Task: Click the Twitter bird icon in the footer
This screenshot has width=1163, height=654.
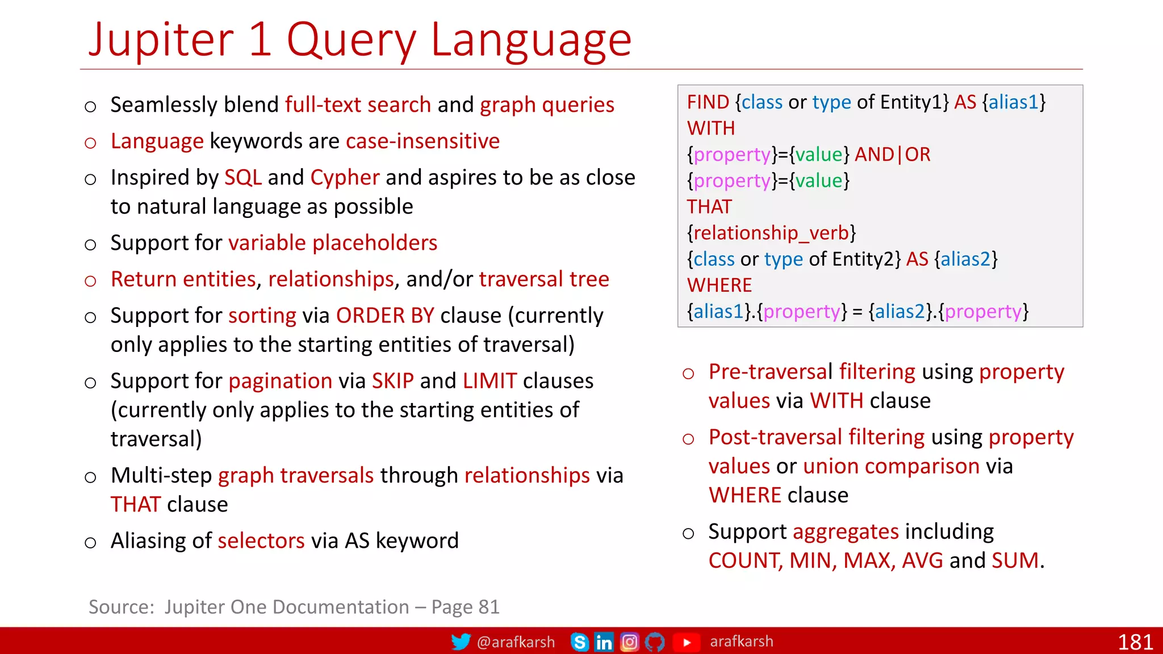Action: (x=461, y=642)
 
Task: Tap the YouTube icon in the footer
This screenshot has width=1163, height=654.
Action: (x=687, y=642)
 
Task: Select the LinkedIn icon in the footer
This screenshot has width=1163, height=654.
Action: (x=604, y=642)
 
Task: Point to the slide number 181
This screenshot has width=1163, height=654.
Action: (x=1135, y=642)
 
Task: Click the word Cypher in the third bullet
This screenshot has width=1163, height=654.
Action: (x=345, y=178)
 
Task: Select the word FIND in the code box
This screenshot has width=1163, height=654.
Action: (x=708, y=102)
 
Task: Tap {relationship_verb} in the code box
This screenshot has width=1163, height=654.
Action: (x=771, y=233)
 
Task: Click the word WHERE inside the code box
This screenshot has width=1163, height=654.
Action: (x=719, y=285)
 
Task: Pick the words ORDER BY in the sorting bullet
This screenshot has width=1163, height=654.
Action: (x=385, y=316)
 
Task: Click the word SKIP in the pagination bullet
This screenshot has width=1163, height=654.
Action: (x=392, y=381)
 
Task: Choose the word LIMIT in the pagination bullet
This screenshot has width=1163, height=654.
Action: (x=490, y=381)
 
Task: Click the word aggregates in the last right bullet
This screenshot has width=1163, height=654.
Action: (x=846, y=532)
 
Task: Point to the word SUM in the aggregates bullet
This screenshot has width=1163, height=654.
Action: (x=1015, y=561)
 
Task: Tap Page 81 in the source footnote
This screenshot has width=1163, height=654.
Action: (x=465, y=607)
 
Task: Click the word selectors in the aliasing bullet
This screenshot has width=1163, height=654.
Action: (x=261, y=541)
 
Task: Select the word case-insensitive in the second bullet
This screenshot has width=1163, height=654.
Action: (x=422, y=141)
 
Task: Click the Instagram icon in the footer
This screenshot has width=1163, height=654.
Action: (x=630, y=642)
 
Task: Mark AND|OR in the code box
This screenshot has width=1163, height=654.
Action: (x=893, y=154)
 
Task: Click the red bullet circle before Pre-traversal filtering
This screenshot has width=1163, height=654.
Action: (x=688, y=374)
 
